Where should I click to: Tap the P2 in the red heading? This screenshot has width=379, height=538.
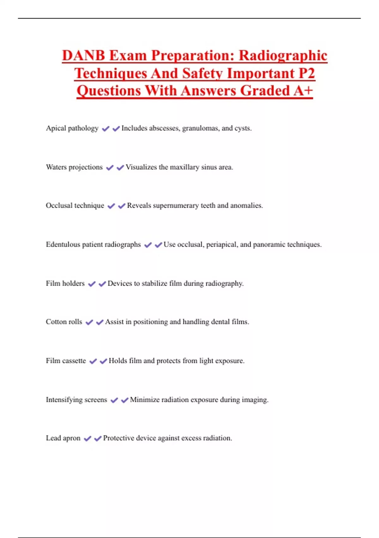click(x=307, y=73)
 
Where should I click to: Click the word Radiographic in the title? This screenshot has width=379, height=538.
click(x=283, y=56)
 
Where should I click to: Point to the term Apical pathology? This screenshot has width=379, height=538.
click(x=72, y=128)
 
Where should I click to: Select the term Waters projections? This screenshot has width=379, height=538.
click(x=74, y=167)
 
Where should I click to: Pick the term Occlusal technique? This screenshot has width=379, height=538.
click(x=75, y=206)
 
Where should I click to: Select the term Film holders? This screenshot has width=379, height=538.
click(x=65, y=283)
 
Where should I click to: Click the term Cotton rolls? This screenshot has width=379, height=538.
click(x=64, y=322)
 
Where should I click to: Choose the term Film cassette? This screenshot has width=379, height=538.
click(x=66, y=361)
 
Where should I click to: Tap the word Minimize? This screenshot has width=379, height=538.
click(x=145, y=400)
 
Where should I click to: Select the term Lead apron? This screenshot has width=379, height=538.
click(x=63, y=438)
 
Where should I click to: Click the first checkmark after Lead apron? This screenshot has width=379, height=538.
click(x=87, y=438)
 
